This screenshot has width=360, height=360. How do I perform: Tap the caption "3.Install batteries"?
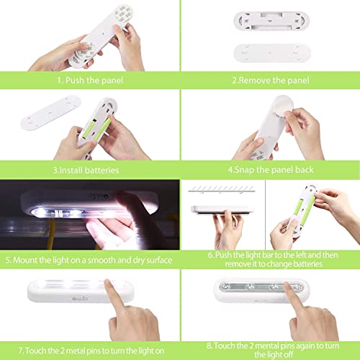(89, 171)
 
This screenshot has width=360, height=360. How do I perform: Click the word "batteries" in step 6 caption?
(325, 264)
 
